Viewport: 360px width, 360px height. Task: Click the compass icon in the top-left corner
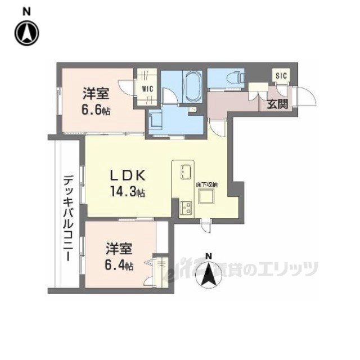point(26,33)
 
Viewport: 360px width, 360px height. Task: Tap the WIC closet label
point(147,89)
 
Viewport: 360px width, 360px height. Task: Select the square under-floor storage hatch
point(206,197)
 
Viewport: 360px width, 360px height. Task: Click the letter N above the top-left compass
point(26,11)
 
